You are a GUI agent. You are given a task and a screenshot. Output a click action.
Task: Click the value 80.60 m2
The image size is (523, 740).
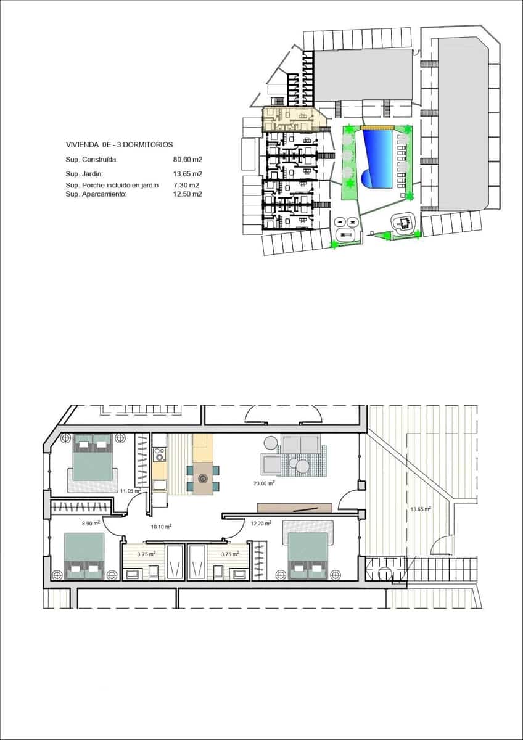[x=188, y=159]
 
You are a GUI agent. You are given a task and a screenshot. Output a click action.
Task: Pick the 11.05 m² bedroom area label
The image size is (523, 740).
[x=130, y=491]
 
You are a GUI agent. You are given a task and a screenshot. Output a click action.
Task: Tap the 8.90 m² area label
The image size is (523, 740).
[x=91, y=523]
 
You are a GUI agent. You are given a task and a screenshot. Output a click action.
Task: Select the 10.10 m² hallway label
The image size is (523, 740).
[x=161, y=527]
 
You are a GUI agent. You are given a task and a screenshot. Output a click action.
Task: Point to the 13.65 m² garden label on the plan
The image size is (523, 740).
[x=421, y=509]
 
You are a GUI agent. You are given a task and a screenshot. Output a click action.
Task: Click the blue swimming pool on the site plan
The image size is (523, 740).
[x=377, y=157]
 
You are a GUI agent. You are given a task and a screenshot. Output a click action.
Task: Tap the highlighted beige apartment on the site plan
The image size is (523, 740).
[x=290, y=117]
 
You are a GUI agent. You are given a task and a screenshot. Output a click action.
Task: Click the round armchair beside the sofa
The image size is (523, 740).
[x=270, y=443]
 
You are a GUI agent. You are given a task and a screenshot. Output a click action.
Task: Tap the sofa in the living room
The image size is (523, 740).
[x=300, y=444]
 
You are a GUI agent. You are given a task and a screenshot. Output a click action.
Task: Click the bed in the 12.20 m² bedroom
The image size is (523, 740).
[x=308, y=551]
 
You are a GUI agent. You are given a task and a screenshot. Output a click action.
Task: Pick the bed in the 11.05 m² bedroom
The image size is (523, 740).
[x=93, y=458]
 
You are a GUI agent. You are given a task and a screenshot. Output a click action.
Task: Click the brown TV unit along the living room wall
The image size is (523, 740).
[x=294, y=508]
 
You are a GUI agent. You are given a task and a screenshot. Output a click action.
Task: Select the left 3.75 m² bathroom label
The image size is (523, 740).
[x=146, y=554]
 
